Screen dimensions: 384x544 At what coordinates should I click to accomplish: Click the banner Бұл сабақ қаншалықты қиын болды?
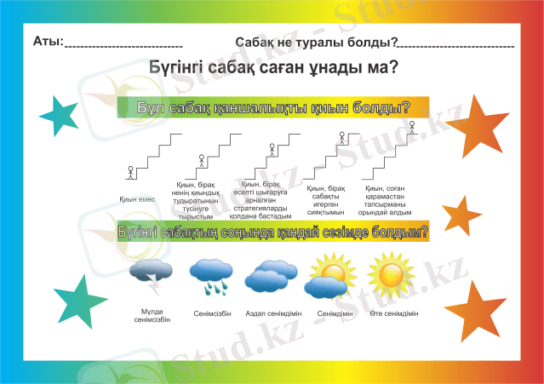pyautogui.click(x=272, y=108)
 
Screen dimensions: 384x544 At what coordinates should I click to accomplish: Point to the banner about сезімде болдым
pyautogui.click(x=272, y=231)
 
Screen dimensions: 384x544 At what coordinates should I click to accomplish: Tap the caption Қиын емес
pyautogui.click(x=135, y=200)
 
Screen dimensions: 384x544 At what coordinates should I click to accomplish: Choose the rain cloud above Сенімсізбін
pyautogui.click(x=209, y=274)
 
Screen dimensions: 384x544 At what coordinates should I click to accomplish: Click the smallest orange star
pyautogui.click(x=463, y=215)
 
